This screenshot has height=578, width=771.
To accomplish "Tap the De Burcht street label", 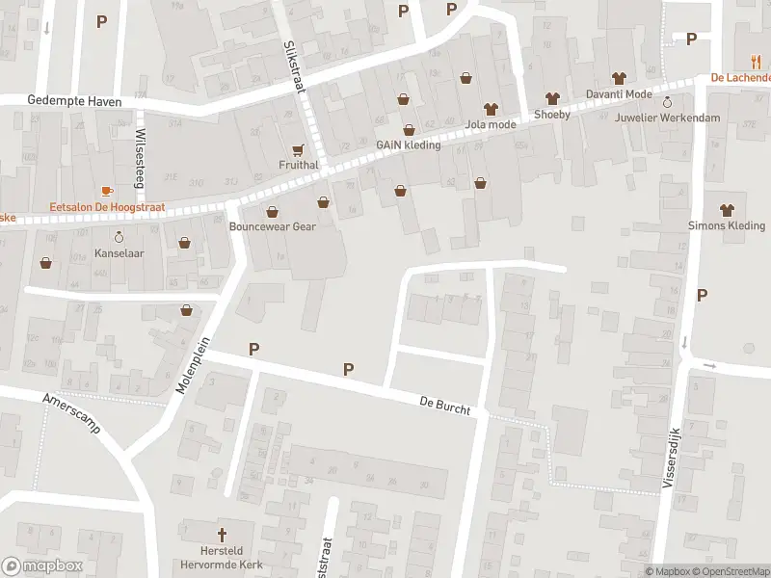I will [444, 405].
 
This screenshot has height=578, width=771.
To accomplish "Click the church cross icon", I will [221, 534].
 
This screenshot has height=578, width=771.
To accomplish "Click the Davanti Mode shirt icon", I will [619, 78].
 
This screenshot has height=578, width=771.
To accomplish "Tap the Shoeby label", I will [552, 114].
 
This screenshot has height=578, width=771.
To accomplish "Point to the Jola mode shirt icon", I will [490, 108].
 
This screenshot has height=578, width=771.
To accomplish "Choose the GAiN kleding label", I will [408, 145].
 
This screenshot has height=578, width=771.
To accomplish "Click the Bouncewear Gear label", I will [273, 227].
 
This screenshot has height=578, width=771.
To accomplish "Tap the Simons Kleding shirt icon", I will [727, 209].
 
